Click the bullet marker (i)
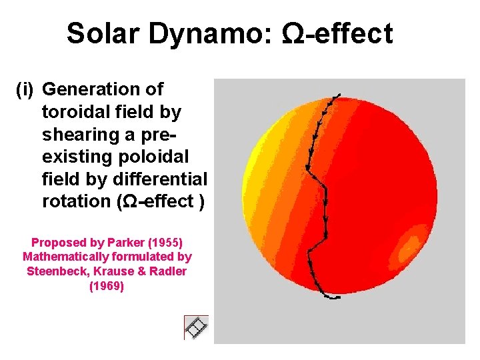point(27,89)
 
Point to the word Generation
point(103,89)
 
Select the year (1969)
point(107,287)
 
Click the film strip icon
point(196,327)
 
